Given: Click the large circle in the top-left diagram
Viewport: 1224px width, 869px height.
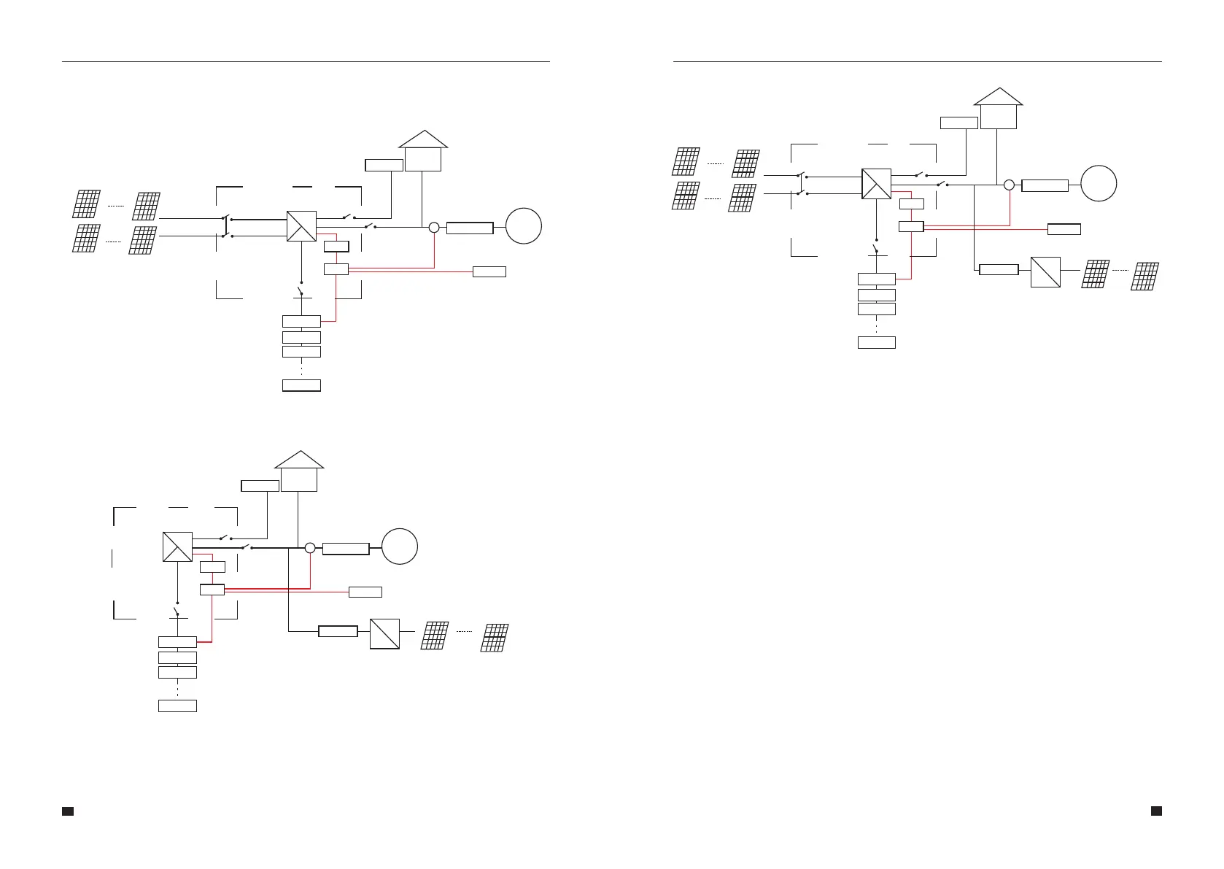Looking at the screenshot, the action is coord(524,226).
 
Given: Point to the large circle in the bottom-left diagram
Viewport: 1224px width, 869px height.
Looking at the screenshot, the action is coord(400,546).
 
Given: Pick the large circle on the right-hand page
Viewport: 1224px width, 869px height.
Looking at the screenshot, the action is coord(1099,184).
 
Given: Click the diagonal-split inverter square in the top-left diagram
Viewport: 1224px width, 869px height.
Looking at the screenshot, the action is coord(301,226).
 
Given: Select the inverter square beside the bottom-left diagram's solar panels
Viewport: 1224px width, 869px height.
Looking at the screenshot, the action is coord(384,633).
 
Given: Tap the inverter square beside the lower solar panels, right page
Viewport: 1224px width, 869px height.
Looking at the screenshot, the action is coord(1045,272).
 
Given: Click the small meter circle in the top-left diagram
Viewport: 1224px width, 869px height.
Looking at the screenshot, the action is coord(433,228).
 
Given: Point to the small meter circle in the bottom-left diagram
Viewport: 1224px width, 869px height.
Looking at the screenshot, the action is coord(309,547).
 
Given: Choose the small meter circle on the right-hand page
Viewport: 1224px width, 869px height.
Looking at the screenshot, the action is coord(1009,185).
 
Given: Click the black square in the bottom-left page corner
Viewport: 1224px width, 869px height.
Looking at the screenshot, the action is coord(67,811).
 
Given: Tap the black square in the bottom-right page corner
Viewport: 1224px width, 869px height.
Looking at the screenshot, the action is coord(1156,811).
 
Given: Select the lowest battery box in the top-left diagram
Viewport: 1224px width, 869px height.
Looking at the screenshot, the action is coord(301,385).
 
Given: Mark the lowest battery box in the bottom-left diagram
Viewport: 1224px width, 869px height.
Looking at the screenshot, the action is coord(177,706).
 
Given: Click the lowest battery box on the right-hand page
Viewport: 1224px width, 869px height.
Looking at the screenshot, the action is coord(876,342).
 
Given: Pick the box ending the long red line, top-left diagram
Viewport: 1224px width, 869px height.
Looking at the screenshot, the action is coord(489,272).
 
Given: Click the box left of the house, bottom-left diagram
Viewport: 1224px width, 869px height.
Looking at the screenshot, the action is coord(260,486).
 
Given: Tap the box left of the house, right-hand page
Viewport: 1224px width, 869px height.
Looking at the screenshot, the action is coord(958,123).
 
